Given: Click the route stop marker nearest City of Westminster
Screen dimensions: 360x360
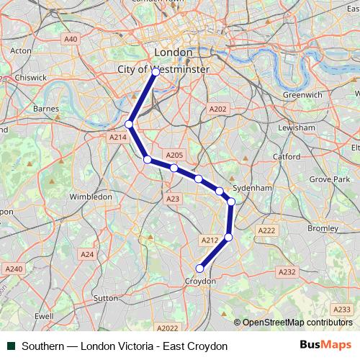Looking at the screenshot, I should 156,72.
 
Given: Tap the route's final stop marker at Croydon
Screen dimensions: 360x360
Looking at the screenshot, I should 200,269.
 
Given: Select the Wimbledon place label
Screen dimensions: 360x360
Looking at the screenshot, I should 91,197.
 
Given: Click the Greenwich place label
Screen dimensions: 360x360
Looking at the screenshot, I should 302,94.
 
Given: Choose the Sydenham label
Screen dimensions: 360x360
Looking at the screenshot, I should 252,187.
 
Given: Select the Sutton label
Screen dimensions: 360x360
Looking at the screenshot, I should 106,297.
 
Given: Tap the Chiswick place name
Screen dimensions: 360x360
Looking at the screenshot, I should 30,77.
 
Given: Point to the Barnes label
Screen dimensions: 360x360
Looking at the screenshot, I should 46,109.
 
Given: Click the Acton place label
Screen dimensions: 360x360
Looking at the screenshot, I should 21,51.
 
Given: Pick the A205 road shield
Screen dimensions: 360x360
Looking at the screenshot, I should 175,155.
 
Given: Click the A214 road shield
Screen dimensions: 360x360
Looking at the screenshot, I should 118,137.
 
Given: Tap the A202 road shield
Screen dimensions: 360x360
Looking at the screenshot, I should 217,109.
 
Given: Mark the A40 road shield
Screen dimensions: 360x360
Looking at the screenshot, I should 71,39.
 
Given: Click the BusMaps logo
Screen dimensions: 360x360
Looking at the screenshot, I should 325,346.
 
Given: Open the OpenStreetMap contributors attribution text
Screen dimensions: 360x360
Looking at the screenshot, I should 297,323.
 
